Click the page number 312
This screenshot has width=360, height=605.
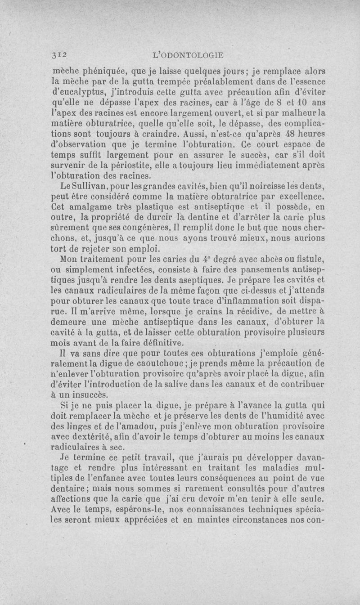point(59,55)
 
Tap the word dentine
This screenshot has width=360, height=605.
point(189,219)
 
